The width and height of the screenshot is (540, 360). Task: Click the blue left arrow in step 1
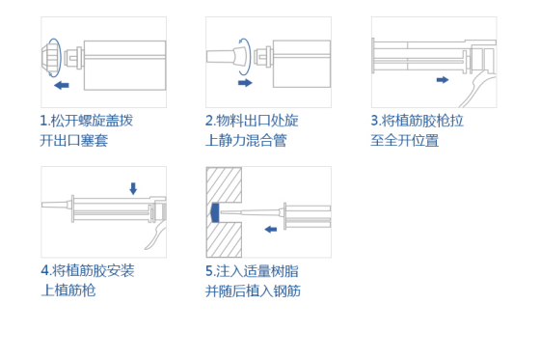[61, 86]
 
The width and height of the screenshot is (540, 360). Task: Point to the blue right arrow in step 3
[442, 79]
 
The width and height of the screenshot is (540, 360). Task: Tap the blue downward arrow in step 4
[133, 188]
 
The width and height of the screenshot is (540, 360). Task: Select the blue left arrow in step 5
[272, 229]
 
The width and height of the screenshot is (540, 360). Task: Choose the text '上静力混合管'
[246, 141]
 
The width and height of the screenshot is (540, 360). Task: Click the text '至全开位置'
[405, 141]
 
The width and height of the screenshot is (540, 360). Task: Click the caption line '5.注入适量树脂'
[252, 270]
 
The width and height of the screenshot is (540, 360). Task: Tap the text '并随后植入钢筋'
[253, 291]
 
